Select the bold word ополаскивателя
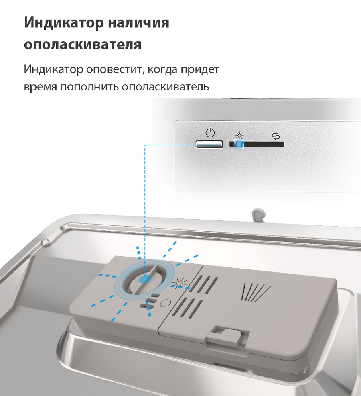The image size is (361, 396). click(x=83, y=45)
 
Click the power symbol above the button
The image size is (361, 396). click(x=209, y=132)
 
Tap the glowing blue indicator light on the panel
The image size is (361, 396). click(x=239, y=144)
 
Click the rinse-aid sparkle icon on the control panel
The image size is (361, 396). click(x=239, y=135)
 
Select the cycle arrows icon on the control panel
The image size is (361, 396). click(x=275, y=136)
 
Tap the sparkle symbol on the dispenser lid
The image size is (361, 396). click(x=181, y=282)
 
